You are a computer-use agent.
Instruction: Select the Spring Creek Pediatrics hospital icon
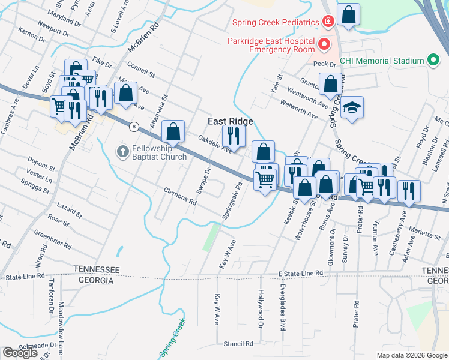coord(328,22)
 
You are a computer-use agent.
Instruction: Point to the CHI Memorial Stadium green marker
coord(432,61)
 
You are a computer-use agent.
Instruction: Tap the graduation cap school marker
coord(352,107)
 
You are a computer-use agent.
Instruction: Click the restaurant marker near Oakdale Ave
coord(234,136)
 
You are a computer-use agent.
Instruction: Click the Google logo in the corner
coord(20,353)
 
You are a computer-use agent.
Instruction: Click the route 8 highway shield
coord(134,126)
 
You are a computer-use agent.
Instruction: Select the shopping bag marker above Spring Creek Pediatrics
coord(348,14)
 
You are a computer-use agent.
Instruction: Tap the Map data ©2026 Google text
coord(411,355)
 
